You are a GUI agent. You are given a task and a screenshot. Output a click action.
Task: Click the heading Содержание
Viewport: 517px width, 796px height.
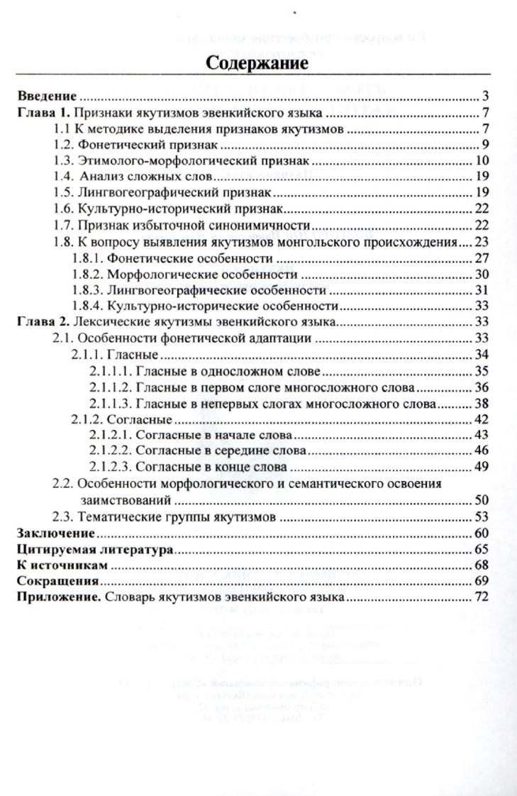[257, 62]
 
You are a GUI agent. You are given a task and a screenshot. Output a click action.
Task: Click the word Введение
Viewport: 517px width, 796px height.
[46, 96]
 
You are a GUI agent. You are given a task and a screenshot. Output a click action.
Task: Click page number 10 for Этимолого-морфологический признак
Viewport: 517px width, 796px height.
[482, 161]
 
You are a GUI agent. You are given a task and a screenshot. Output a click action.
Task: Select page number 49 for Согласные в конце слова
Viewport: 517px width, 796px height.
[482, 468]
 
